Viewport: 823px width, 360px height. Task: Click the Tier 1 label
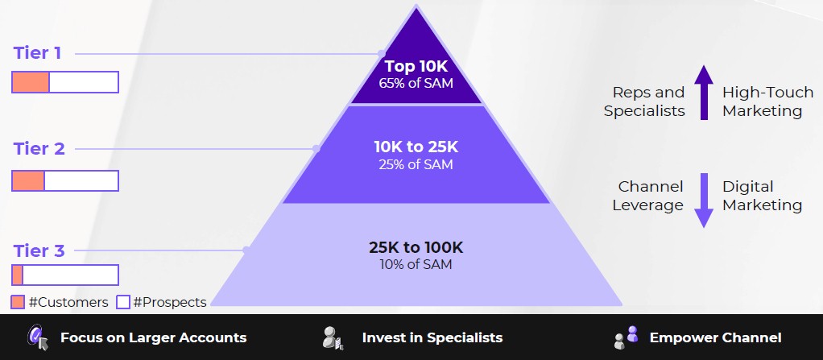[x=37, y=53]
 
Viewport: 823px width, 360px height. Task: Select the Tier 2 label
[x=39, y=148]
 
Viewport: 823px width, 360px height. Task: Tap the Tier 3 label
[x=39, y=250]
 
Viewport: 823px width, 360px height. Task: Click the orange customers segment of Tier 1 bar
[x=31, y=82]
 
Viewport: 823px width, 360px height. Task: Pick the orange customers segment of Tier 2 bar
[x=28, y=180]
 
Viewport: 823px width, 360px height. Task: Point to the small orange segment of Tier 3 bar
[x=18, y=275]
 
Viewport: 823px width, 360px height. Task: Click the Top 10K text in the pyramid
[x=416, y=67]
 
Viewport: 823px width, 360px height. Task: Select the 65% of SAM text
[x=416, y=83]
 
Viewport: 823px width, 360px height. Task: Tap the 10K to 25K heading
[x=416, y=147]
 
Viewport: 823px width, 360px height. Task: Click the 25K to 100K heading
[x=416, y=248]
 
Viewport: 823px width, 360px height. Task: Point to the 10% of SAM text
[x=416, y=264]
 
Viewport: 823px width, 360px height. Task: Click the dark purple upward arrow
[x=704, y=93]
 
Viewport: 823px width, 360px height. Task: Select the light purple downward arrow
[x=704, y=200]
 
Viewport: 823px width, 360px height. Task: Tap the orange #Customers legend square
[x=18, y=302]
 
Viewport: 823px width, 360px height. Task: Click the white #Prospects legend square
[x=123, y=302]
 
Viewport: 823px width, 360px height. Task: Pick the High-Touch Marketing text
[x=767, y=101]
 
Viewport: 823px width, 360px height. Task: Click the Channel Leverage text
[x=647, y=196]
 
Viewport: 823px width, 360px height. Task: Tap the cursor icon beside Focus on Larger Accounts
[x=38, y=337]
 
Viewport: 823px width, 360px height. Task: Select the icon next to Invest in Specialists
[x=333, y=338]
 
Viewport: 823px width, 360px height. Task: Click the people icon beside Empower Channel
[x=627, y=337]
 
